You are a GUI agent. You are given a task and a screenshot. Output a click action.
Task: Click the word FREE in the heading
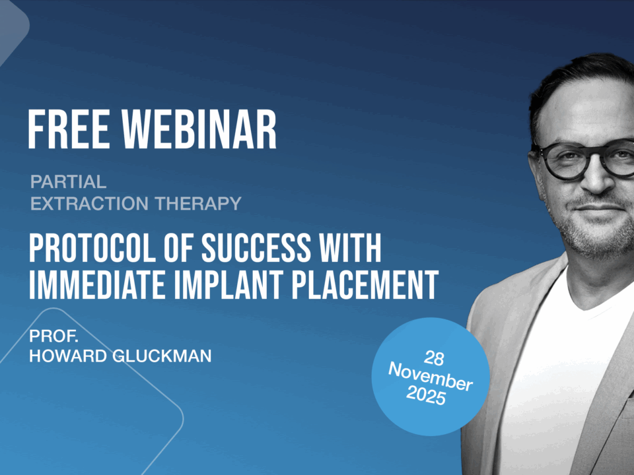point(69,130)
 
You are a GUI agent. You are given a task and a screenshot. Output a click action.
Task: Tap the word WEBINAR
point(199,130)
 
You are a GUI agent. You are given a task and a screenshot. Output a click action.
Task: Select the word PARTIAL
point(68,182)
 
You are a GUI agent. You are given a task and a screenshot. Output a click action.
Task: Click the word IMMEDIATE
point(97,285)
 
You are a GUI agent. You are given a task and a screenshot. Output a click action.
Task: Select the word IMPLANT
point(228,285)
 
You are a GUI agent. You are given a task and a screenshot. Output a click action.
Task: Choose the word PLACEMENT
point(365,285)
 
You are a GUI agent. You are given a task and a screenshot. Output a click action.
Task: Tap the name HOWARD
point(68,356)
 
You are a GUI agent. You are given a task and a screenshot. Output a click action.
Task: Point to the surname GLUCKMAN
point(162,356)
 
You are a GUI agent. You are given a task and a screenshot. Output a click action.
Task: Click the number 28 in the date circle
point(434,358)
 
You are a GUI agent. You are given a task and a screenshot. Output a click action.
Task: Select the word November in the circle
point(430,377)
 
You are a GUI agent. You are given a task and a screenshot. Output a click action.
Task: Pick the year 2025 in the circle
point(426,395)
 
